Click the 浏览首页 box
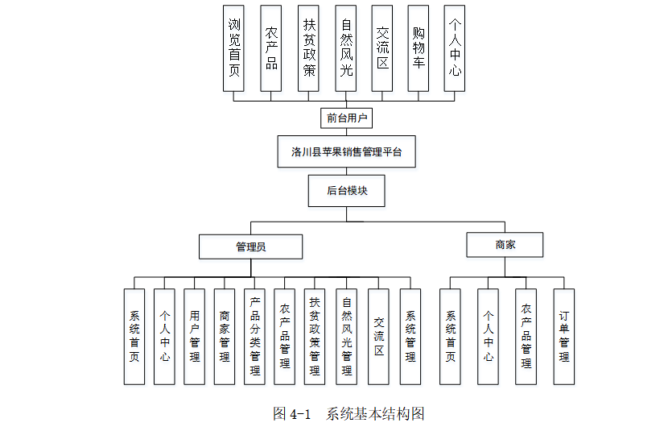point(233,48)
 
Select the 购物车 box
point(419,48)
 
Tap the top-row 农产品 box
point(271,48)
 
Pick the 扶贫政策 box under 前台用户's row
point(309,48)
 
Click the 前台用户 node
point(347,118)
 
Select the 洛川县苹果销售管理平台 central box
point(347,151)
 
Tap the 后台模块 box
point(347,191)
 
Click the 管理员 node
point(251,247)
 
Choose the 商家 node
point(505,244)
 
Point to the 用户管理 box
point(195,336)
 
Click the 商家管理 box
point(225,336)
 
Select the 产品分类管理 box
point(254,336)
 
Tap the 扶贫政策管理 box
point(315,336)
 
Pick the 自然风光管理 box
point(347,336)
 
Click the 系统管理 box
point(410,336)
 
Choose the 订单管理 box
point(564,336)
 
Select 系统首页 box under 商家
point(451,336)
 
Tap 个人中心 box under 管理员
point(164,336)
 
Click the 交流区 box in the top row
point(382,48)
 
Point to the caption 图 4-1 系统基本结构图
point(348,413)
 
